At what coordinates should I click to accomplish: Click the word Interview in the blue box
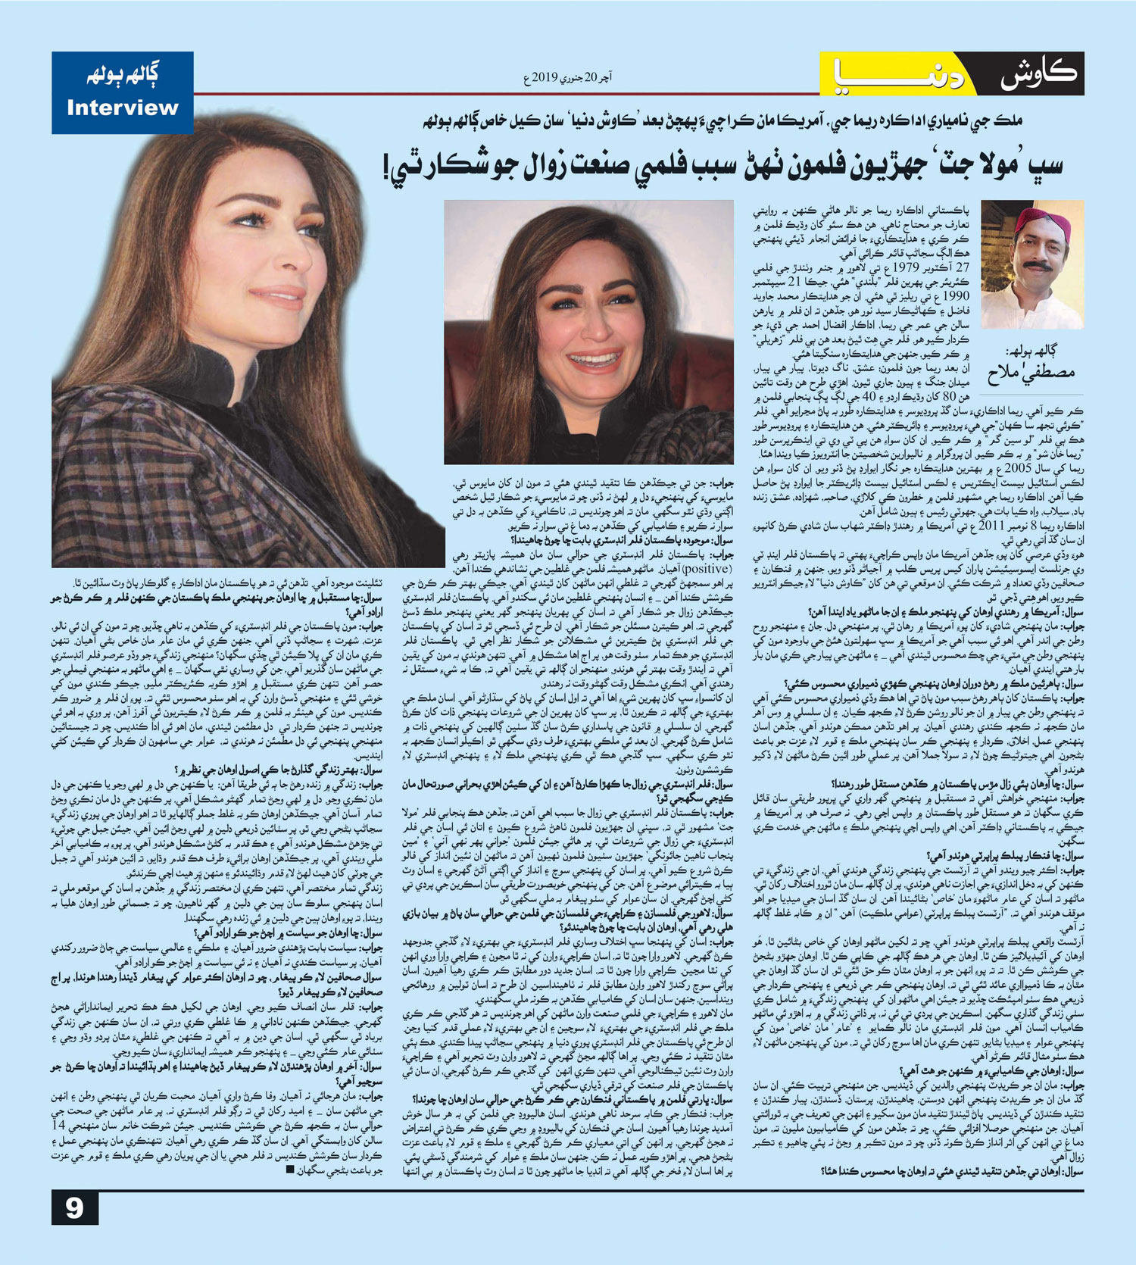pos(122,108)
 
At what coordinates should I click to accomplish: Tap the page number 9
pos(74,1207)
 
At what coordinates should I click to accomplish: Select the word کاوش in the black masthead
pos(1038,74)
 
